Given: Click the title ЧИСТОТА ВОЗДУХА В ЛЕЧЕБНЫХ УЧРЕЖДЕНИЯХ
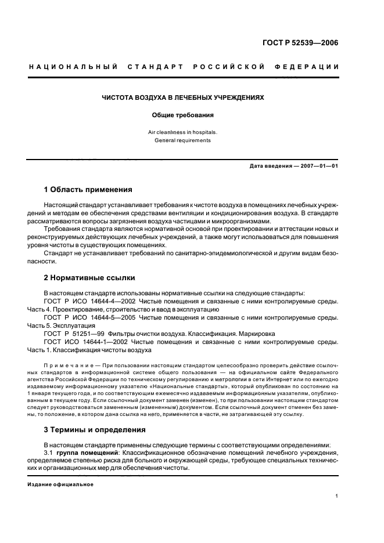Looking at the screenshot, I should [183, 97].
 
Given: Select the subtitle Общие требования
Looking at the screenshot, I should [183, 115].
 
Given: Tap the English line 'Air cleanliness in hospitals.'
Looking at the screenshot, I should [183, 132].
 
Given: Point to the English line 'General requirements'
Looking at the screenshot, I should [183, 140].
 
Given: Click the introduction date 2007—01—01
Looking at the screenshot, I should [318, 166].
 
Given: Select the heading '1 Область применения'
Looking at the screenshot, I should [88, 190].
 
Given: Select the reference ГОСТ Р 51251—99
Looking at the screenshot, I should [77, 334].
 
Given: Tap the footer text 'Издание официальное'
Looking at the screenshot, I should [60, 484].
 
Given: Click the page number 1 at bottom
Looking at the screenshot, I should [337, 496].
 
